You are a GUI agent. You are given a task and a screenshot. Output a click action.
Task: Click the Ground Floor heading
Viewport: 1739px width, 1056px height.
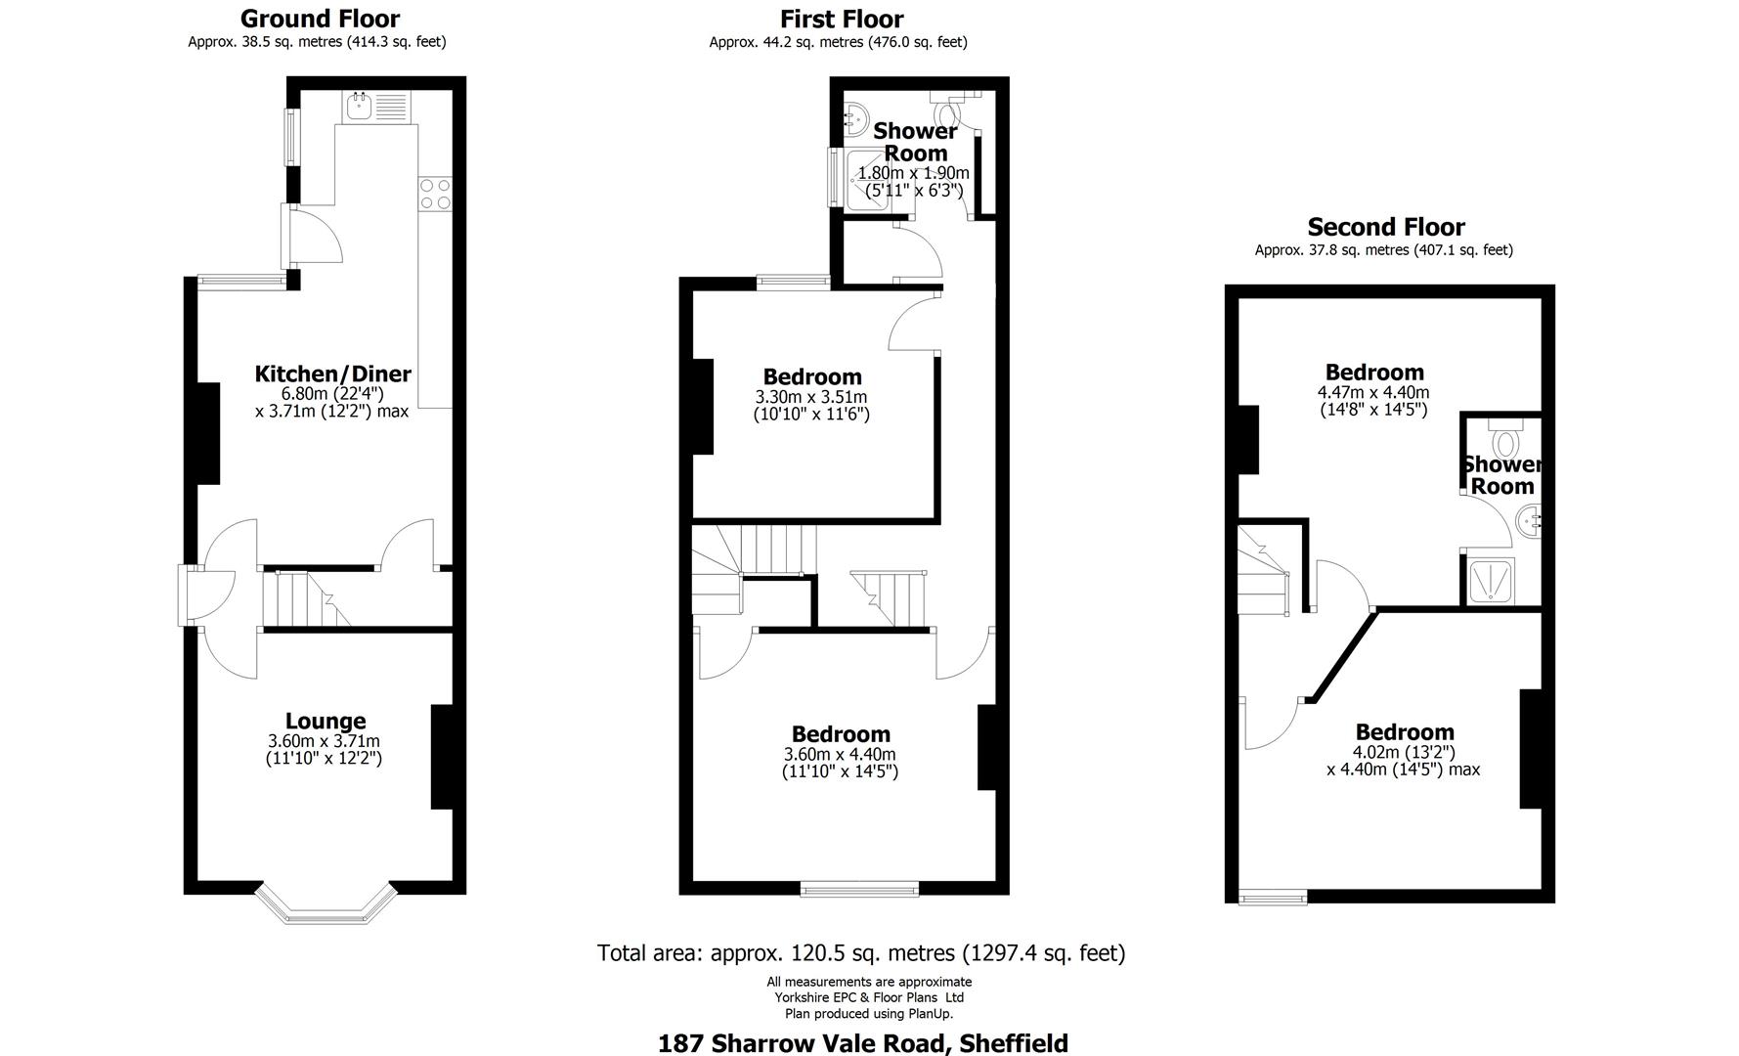coord(319,19)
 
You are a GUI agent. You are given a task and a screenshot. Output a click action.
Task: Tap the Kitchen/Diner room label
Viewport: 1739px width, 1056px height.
coord(332,374)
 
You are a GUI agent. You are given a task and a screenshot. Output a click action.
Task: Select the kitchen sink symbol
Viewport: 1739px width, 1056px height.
coord(358,106)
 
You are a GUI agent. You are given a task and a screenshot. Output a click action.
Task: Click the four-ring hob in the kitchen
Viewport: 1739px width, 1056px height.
coord(435,194)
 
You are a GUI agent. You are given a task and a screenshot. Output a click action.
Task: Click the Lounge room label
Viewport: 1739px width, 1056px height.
coord(325,722)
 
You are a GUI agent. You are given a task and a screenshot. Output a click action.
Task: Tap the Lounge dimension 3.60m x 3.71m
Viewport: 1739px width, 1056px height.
coord(324,741)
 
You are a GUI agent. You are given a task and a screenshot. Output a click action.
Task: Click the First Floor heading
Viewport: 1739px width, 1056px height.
coord(841,19)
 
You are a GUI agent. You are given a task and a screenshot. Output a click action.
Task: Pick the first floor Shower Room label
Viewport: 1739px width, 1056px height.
coord(915,142)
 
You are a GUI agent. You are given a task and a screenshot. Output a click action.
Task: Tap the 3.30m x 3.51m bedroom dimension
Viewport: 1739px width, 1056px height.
coord(810,397)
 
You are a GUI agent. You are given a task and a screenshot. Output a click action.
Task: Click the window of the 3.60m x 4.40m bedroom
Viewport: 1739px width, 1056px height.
coord(859,888)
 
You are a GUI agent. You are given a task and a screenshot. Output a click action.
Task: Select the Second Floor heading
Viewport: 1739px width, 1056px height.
coord(1385,227)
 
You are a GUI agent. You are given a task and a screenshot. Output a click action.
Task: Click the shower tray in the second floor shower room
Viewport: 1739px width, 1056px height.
coord(1492,581)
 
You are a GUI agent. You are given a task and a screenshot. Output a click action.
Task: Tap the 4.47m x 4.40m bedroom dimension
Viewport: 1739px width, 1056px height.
coord(1372,392)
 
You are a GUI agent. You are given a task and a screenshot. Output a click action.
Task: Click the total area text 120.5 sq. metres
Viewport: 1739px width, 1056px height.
coord(860,952)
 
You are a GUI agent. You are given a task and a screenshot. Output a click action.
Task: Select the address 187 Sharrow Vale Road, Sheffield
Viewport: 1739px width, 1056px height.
coord(862,1042)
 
